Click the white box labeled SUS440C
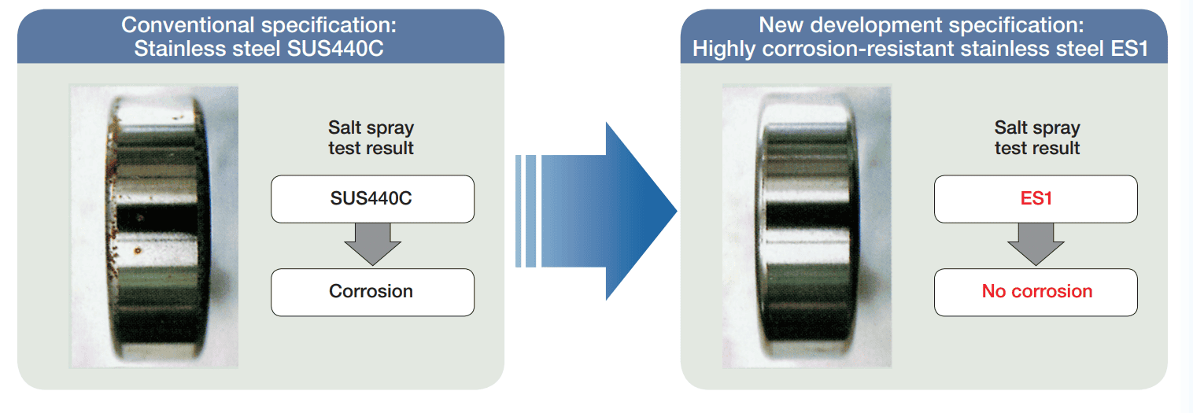tap(372, 199)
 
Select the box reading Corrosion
tap(372, 292)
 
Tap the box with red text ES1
tap(1036, 199)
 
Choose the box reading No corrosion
tap(1036, 292)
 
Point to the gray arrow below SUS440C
tap(372, 244)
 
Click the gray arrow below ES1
tap(1036, 244)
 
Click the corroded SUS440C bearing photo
tap(154, 227)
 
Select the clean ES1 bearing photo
tap(806, 227)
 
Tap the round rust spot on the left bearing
tap(138, 252)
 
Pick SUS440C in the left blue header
tap(341, 49)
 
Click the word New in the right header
tap(779, 25)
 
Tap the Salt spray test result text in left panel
tap(371, 138)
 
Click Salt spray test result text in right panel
tap(1037, 138)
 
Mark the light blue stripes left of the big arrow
tap(526, 211)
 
